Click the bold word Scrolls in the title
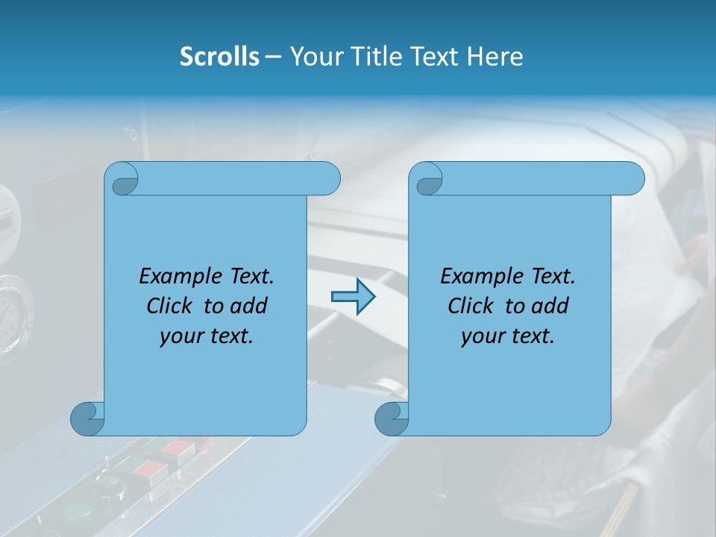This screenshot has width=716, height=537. (x=219, y=56)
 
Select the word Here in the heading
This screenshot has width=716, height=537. (x=495, y=56)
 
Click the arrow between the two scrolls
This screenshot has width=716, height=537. (x=353, y=297)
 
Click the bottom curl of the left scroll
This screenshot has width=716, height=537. (x=87, y=418)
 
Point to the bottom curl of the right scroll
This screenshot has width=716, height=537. (x=392, y=418)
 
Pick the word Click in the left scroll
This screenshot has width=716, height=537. (x=171, y=306)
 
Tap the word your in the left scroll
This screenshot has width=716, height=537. (x=181, y=336)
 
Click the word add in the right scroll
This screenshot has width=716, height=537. (x=550, y=306)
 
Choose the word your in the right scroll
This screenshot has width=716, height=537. (x=483, y=336)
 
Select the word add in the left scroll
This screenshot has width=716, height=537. (x=249, y=306)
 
